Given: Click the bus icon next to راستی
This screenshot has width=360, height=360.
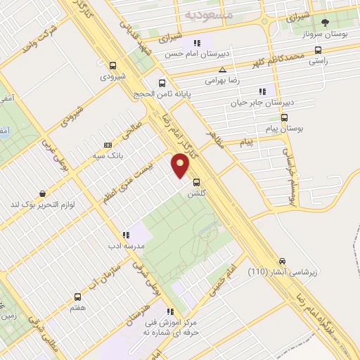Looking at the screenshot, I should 319,50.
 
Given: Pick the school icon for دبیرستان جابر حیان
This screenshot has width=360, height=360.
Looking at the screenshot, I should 262,91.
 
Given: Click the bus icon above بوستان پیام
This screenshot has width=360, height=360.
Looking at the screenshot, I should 285,117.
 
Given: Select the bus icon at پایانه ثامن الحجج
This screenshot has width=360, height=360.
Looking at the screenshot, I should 162,83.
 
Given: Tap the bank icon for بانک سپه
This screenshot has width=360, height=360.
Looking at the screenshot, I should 107,145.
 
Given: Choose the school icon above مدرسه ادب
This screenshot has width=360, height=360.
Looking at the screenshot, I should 125,235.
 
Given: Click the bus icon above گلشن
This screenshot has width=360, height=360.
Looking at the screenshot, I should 196,180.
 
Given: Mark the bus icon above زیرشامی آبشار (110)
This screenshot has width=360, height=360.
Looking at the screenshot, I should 282,260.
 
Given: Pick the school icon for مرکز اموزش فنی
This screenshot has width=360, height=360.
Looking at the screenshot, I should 169,311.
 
